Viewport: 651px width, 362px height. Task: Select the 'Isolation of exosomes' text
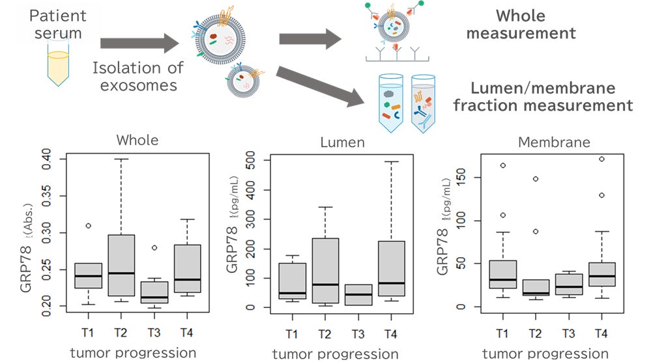[x=138, y=76]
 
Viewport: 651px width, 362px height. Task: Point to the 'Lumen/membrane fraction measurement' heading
[x=552, y=96]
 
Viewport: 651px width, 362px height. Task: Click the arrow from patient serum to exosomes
[x=139, y=44]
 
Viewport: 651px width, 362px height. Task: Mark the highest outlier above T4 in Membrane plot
[x=602, y=159]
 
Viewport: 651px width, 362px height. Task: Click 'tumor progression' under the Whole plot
[x=132, y=352]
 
